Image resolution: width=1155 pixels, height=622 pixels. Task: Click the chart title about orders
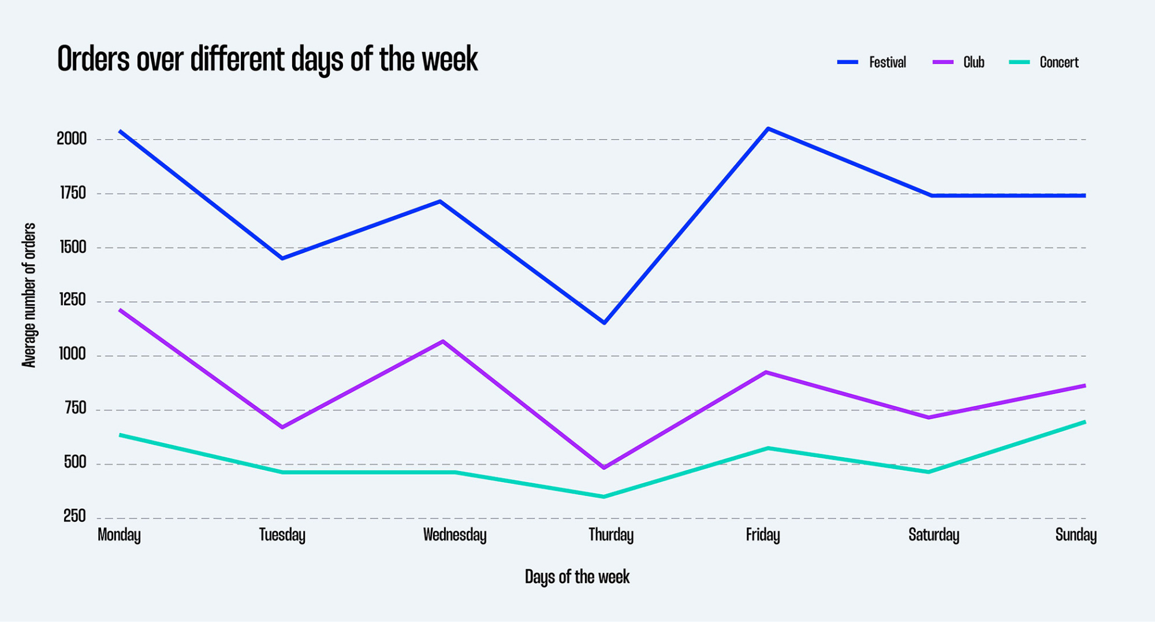(267, 59)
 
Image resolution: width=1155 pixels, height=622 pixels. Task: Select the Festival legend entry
(872, 62)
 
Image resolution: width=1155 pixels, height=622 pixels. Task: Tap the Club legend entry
(959, 62)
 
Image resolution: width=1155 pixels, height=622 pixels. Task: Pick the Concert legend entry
(1044, 62)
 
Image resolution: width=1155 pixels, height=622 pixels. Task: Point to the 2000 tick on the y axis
(72, 139)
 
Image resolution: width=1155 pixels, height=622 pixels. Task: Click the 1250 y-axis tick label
(73, 300)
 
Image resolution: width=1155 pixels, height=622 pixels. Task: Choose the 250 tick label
(74, 516)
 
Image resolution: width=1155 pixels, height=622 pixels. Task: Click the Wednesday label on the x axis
(454, 535)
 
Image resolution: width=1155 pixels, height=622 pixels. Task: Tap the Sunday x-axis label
(1075, 535)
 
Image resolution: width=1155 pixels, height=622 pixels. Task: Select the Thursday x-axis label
(611, 535)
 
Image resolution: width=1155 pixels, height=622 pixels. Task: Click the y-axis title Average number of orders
(29, 295)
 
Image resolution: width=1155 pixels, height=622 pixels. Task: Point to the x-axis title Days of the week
(577, 577)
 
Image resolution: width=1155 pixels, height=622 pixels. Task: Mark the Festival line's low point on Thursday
(604, 323)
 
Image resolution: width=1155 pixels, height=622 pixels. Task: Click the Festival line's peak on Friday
(767, 128)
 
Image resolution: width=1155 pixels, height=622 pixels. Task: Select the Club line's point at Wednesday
(443, 341)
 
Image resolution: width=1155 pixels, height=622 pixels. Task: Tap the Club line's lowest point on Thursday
(604, 467)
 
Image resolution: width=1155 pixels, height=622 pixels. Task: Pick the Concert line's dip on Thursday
(604, 497)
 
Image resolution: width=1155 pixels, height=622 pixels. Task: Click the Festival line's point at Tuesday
(282, 258)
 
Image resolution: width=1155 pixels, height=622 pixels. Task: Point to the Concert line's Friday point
(767, 448)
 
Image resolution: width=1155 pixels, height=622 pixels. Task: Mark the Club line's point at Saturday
(929, 417)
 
